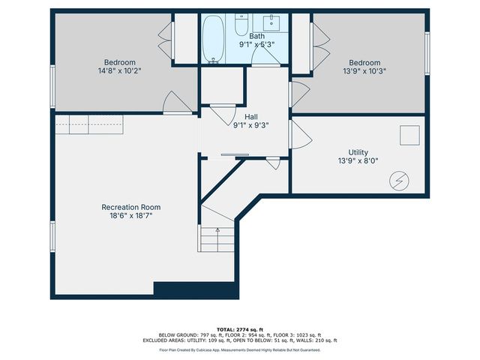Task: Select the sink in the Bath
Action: [272, 22]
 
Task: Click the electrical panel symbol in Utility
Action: [399, 180]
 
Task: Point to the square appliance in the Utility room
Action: [409, 135]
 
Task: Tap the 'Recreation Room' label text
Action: [131, 207]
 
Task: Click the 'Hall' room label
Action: [250, 117]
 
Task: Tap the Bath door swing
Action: [263, 61]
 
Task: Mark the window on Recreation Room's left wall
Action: [52, 235]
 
